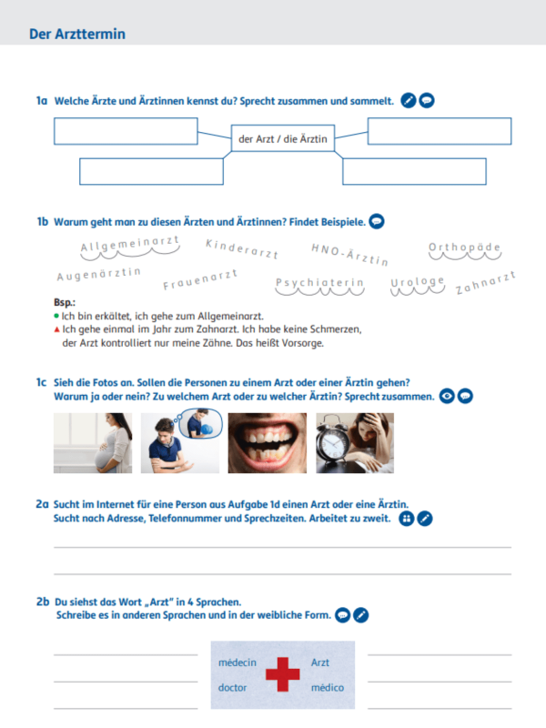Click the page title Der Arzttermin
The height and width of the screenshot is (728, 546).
(77, 34)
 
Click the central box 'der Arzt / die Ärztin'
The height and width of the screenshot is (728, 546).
(283, 138)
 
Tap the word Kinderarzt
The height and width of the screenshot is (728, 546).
(242, 248)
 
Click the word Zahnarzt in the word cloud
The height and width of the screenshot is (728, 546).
(486, 283)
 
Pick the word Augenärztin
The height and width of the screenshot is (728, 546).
(99, 274)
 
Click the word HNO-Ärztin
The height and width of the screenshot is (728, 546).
(349, 255)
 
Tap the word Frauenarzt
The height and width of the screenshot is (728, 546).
(200, 279)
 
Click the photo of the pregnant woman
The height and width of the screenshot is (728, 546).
(93, 443)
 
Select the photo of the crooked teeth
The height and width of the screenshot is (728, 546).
(268, 443)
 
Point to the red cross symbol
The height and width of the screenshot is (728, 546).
(283, 674)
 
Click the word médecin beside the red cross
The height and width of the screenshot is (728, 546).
(238, 662)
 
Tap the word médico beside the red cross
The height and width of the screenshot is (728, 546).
(328, 688)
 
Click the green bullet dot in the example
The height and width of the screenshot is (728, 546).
(56, 316)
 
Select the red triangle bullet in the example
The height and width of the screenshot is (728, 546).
(56, 329)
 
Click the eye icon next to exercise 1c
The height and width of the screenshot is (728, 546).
(447, 397)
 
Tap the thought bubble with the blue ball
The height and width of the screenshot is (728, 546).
(200, 423)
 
